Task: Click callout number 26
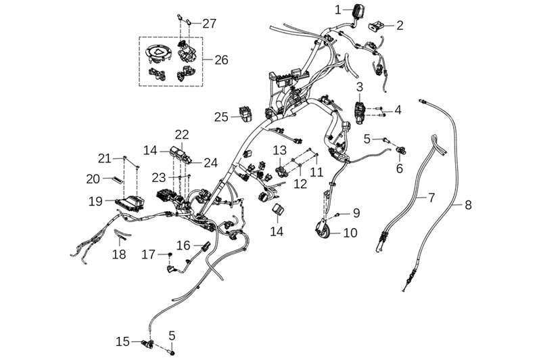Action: click(x=221, y=60)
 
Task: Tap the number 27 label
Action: click(x=209, y=24)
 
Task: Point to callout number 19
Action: click(x=95, y=201)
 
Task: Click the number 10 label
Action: click(x=350, y=233)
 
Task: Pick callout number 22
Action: click(x=182, y=134)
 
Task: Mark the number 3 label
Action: click(x=360, y=87)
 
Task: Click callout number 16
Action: click(x=184, y=244)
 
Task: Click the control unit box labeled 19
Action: click(x=128, y=201)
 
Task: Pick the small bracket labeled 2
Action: click(x=375, y=26)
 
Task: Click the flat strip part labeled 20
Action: click(x=115, y=179)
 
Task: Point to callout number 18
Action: click(x=119, y=254)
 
